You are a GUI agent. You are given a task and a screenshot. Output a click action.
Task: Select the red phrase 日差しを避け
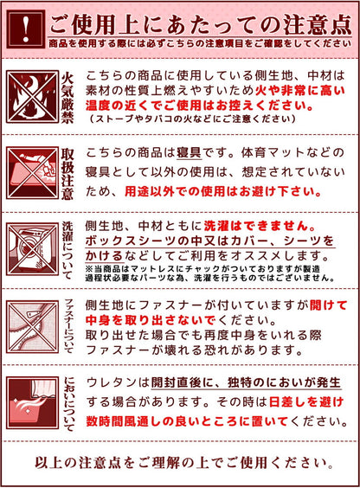(x=293, y=402)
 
